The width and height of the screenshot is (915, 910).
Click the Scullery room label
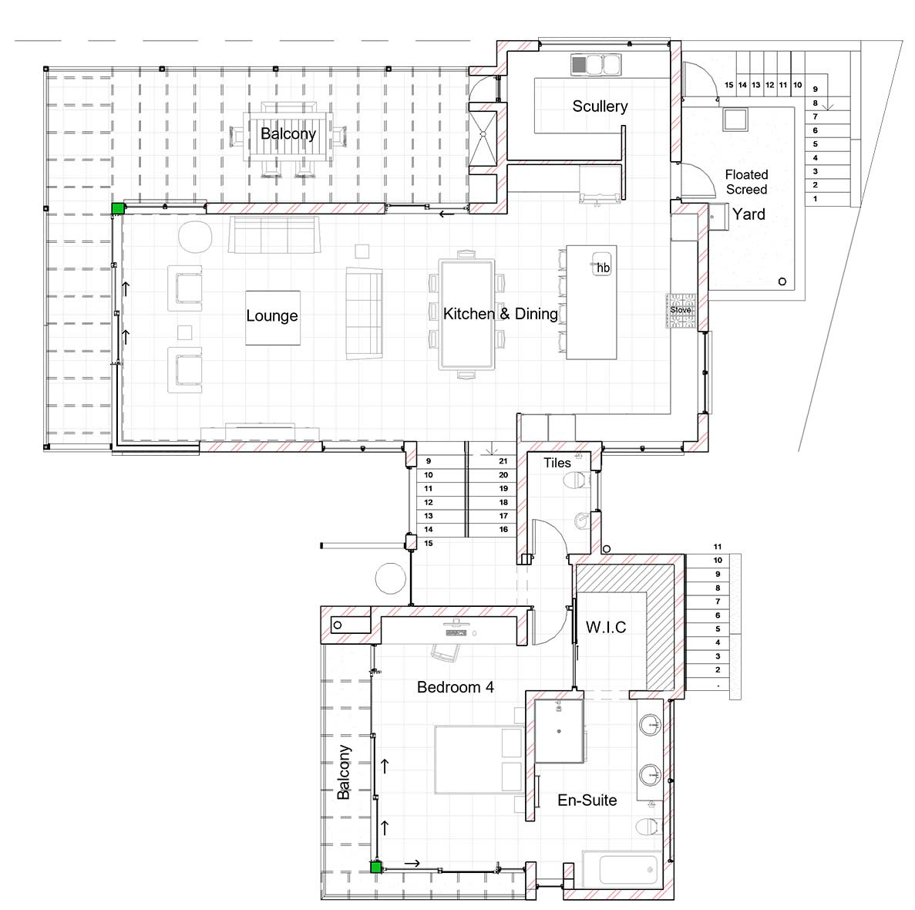point(600,106)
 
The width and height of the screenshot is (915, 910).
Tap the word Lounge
point(272,315)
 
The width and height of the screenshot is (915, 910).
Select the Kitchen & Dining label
point(500,314)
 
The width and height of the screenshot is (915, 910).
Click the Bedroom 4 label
point(455,687)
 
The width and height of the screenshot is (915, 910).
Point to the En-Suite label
point(587,800)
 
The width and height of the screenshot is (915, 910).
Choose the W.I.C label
point(606,628)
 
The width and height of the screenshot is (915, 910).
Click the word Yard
point(748,214)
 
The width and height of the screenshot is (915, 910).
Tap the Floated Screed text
point(746,182)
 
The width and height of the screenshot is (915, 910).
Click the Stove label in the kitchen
point(681,310)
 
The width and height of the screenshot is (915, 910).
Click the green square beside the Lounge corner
point(118,208)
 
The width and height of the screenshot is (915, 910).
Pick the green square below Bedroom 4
point(376,868)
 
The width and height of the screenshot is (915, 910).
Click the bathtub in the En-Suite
point(621,869)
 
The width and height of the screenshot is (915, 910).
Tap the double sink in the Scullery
point(596,64)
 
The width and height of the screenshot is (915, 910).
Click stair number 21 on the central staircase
point(503,461)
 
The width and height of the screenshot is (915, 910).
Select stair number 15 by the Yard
point(729,86)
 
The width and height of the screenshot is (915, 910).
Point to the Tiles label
point(557,463)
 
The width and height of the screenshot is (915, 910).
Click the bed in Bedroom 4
point(478,760)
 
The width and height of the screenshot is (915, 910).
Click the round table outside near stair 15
point(390,578)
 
